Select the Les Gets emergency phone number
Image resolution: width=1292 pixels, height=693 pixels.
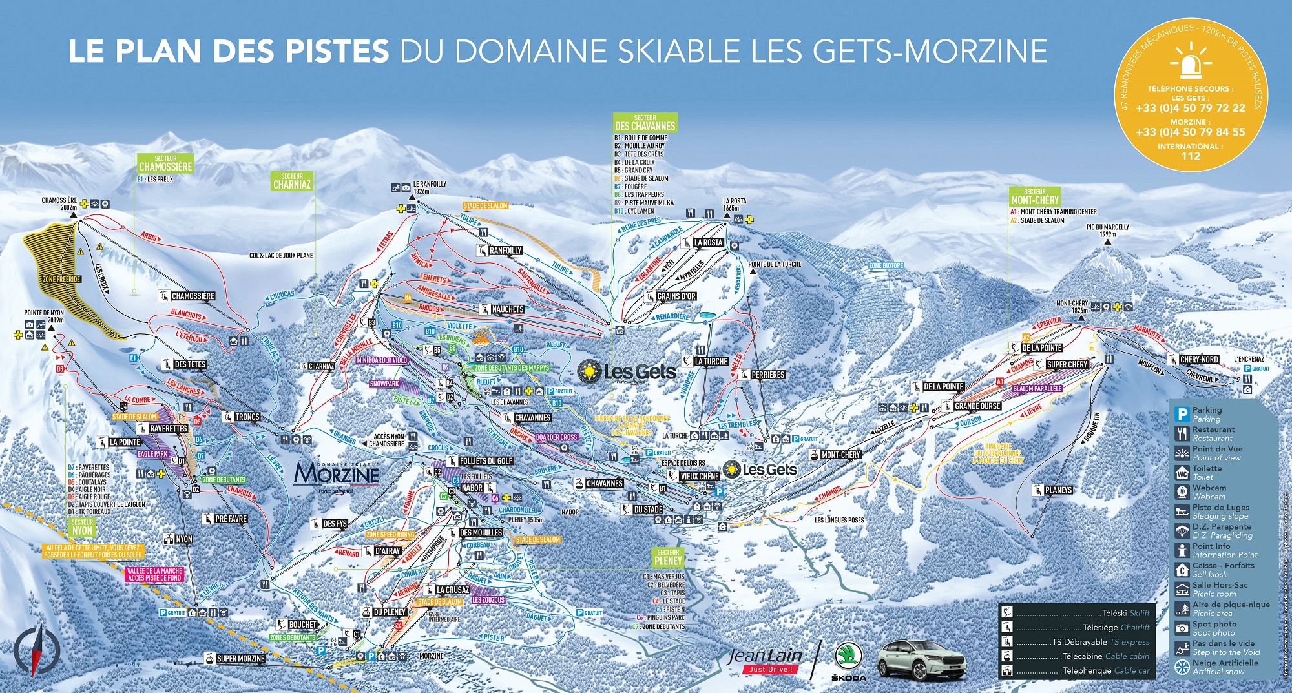pyautogui.click(x=1190, y=108)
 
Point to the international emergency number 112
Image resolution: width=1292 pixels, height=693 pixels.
pyautogui.click(x=1190, y=156)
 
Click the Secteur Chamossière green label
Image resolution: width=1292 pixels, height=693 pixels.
pyautogui.click(x=165, y=163)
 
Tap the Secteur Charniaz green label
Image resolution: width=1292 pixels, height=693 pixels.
pyautogui.click(x=291, y=181)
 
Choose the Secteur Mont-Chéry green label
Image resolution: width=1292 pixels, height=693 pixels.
pyautogui.click(x=1034, y=197)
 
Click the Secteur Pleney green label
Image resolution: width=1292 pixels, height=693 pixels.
pyautogui.click(x=668, y=557)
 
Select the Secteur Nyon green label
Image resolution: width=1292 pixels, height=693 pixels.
pyautogui.click(x=82, y=528)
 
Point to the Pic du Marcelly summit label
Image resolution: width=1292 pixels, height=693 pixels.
pyautogui.click(x=1107, y=231)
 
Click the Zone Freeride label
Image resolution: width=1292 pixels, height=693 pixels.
pyautogui.click(x=62, y=279)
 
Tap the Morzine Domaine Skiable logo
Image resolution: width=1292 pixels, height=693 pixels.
pyautogui.click(x=337, y=476)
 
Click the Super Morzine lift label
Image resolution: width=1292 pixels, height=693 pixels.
pyautogui.click(x=240, y=658)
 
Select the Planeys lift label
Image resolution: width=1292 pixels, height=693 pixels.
pyautogui.click(x=1058, y=490)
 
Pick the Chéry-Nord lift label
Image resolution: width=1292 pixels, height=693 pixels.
pyautogui.click(x=1199, y=359)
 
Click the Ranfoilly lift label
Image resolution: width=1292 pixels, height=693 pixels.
pyautogui.click(x=505, y=251)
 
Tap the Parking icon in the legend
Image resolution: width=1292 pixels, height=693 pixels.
pyautogui.click(x=1182, y=415)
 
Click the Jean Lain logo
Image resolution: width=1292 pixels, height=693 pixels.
pyautogui.click(x=765, y=659)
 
